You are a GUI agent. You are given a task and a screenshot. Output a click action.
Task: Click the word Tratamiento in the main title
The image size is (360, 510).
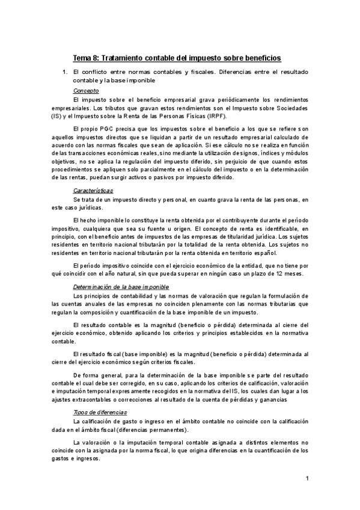click(120, 58)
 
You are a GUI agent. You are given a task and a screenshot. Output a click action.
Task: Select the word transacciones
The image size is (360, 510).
click(107, 153)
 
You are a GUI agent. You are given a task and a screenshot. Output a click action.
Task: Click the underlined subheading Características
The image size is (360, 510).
click(92, 190)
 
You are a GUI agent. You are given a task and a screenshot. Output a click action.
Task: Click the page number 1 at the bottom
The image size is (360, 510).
click(307, 479)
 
